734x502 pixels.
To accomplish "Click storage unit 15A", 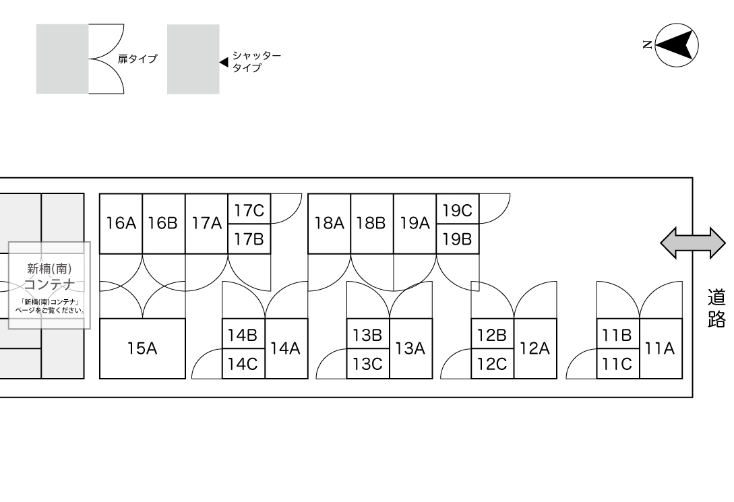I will point(142,348).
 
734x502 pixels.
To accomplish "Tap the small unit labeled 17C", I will point(249,210).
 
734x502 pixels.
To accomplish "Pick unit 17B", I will point(249,239).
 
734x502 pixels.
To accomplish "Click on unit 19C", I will point(457,210).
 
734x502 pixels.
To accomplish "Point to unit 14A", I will point(285,348).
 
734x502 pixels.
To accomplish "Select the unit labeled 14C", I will point(243,364).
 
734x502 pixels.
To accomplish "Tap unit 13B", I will point(368,334).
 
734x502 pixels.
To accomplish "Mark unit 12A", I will point(535,348).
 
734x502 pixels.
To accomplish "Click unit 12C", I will point(492,364).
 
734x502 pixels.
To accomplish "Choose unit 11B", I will point(617,334).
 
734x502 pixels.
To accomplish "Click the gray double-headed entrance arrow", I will point(692,243).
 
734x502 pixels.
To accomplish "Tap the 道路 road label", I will point(716,308).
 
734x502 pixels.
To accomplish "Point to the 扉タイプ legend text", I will point(137,59).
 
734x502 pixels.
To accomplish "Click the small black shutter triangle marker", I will point(224,62).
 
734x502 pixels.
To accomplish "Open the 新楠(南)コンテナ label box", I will point(49,285).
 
